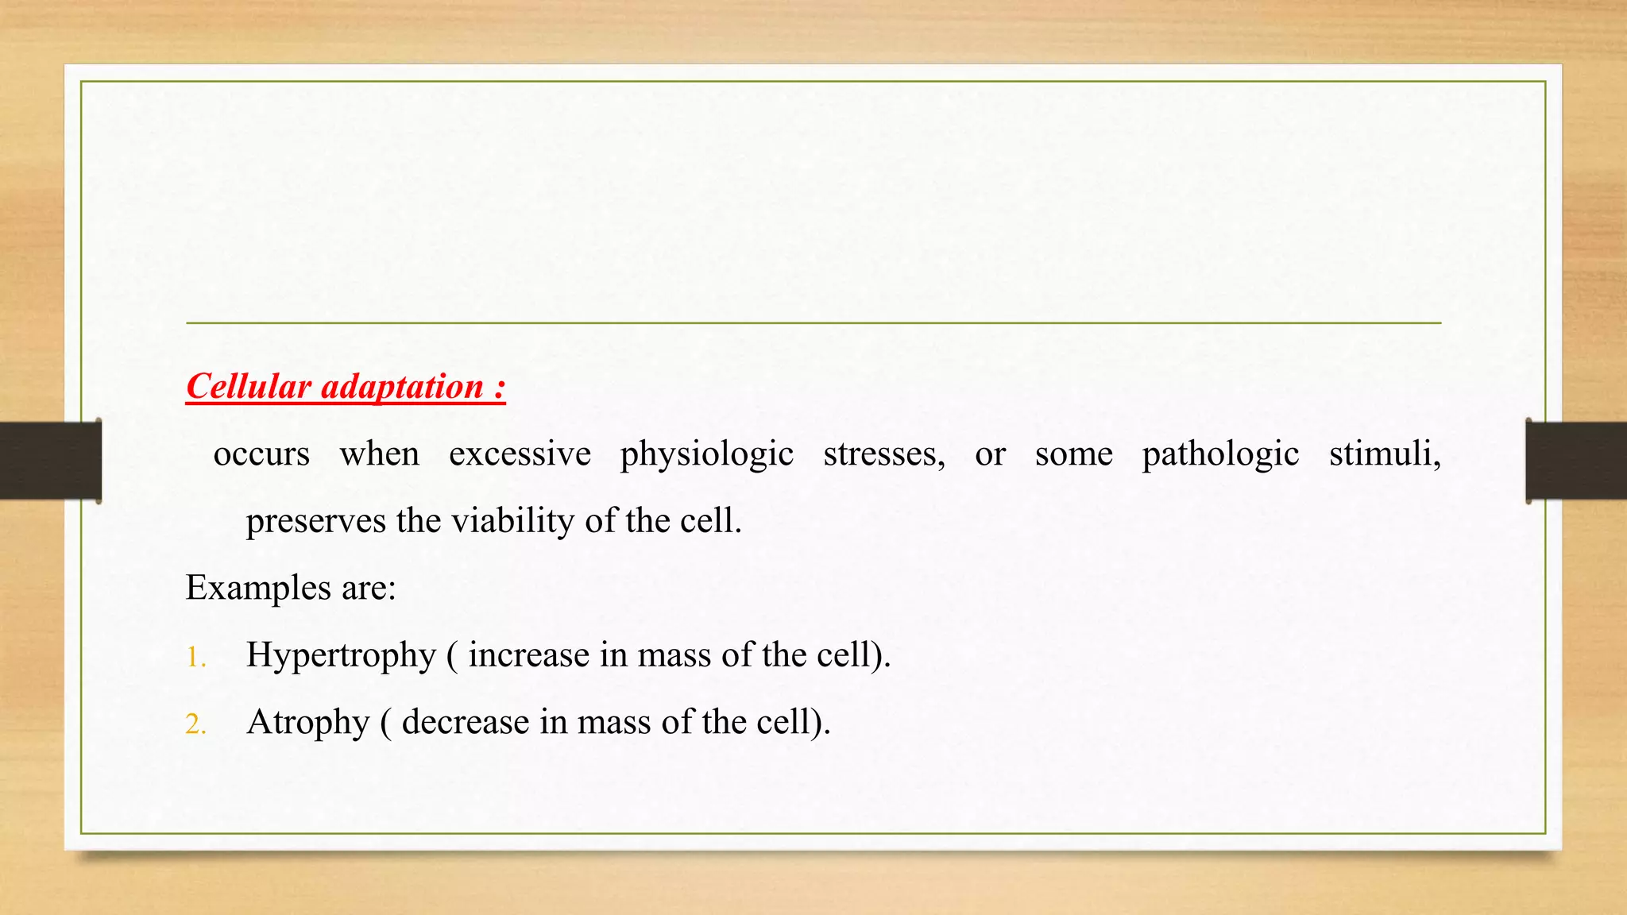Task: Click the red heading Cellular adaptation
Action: point(346,387)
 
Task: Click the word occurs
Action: point(261,454)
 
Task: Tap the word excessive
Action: point(520,454)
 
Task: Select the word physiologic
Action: point(706,454)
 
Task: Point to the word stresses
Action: point(883,454)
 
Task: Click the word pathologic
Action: point(1220,454)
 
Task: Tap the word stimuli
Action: point(1384,454)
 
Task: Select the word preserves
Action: point(315,522)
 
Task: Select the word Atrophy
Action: point(307,723)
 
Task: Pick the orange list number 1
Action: point(195,658)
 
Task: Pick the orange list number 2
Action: point(195,724)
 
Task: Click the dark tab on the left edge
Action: point(50,461)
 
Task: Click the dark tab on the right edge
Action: point(1576,461)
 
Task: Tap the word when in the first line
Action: point(379,454)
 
